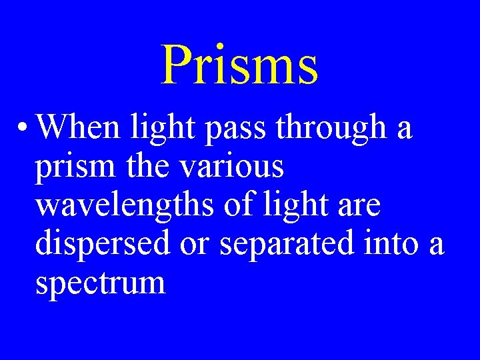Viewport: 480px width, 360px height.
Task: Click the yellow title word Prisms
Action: [239, 65]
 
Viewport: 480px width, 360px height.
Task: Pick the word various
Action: [231, 167]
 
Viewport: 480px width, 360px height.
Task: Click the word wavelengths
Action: [125, 205]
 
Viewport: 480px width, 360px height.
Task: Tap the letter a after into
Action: [436, 246]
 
